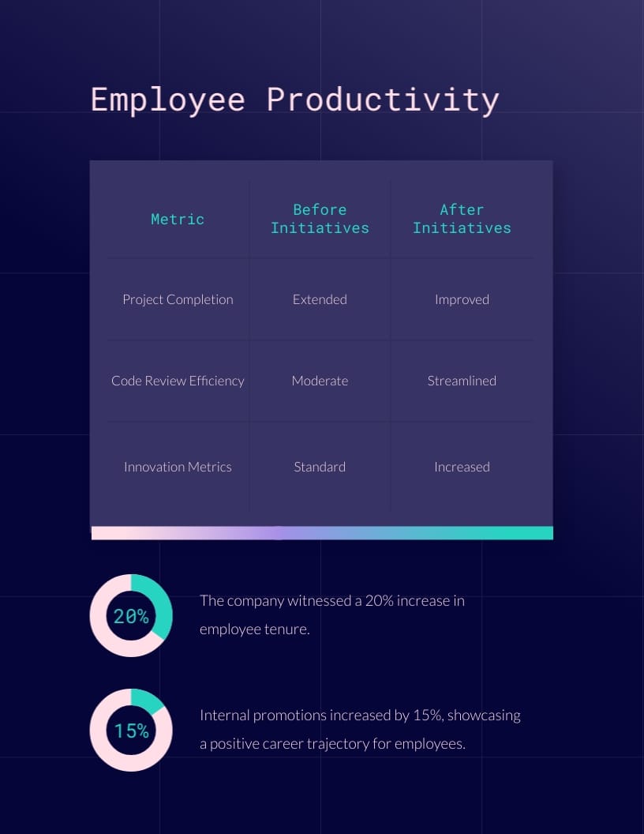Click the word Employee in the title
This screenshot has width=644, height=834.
click(167, 100)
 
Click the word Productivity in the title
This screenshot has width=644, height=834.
click(383, 100)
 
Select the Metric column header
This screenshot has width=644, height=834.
click(178, 220)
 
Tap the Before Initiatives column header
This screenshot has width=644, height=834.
click(320, 219)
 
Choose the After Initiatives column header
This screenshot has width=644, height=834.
click(462, 219)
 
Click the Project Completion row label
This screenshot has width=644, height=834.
click(178, 299)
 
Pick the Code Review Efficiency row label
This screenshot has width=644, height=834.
click(178, 381)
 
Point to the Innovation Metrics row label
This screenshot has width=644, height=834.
click(178, 467)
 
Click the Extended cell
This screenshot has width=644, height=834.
click(320, 299)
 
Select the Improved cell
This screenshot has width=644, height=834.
click(462, 299)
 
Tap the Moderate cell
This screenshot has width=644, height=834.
click(320, 381)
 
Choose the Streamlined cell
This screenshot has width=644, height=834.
click(462, 381)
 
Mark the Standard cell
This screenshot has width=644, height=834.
click(320, 467)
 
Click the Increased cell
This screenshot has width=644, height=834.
click(462, 467)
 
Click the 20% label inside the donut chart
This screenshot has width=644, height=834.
click(131, 616)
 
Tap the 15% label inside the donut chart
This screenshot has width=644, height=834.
click(131, 731)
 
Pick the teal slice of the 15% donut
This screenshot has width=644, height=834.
click(147, 699)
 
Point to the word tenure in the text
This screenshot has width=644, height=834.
click(283, 629)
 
